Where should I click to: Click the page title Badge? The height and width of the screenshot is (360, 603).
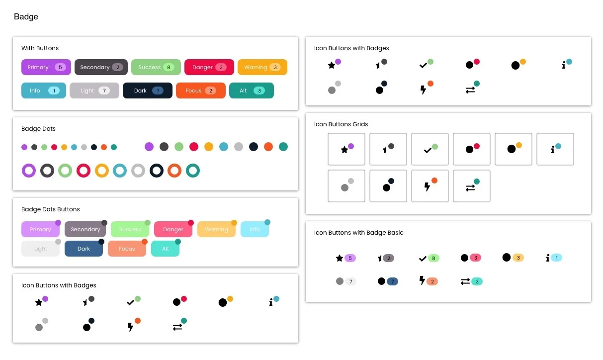(26, 17)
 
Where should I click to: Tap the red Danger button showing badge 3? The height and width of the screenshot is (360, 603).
(209, 67)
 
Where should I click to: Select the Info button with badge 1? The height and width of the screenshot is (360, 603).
(43, 90)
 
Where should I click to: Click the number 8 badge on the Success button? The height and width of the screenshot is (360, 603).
(169, 67)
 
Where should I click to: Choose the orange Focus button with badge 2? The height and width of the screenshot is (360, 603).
(200, 90)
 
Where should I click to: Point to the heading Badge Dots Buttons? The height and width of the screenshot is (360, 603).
(50, 209)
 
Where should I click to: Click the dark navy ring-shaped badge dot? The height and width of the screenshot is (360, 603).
(157, 171)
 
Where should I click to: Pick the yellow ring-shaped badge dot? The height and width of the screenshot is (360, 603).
(102, 171)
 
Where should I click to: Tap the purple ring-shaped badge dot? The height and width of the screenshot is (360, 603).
(29, 171)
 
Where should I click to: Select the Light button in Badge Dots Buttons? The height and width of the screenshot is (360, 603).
(40, 249)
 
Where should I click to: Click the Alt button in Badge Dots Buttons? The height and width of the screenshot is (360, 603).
(165, 249)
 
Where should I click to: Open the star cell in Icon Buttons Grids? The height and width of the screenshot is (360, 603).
(346, 149)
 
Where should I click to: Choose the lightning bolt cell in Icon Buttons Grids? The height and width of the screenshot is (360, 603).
(430, 186)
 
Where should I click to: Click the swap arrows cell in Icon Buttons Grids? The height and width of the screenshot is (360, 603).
(472, 186)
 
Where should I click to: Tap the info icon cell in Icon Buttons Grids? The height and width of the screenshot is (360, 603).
(555, 149)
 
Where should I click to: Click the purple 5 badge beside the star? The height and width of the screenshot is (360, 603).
(350, 258)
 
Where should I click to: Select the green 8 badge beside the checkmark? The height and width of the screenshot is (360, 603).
(433, 258)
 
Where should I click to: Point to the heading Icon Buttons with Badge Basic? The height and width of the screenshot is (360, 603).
(358, 233)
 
